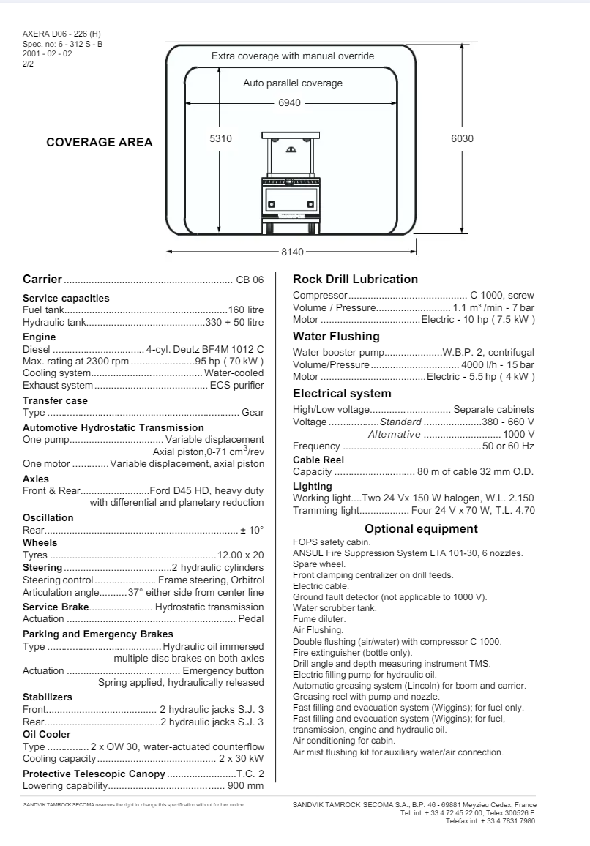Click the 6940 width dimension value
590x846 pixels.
(x=289, y=102)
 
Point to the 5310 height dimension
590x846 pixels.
(x=220, y=139)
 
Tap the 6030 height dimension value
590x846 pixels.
(x=462, y=139)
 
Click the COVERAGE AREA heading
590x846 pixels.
(x=100, y=143)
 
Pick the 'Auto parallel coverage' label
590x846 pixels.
(x=293, y=83)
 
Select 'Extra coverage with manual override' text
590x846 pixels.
(x=293, y=56)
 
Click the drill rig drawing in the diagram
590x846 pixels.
(x=291, y=183)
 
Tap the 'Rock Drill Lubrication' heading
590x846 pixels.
(x=355, y=279)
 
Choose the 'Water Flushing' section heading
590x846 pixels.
(x=336, y=337)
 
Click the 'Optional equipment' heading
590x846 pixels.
(x=421, y=529)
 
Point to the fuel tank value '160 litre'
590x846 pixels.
(x=246, y=310)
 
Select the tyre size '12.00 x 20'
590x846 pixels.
(x=241, y=555)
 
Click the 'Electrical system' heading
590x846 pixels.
(x=342, y=394)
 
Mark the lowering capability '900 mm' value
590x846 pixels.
(x=246, y=786)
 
